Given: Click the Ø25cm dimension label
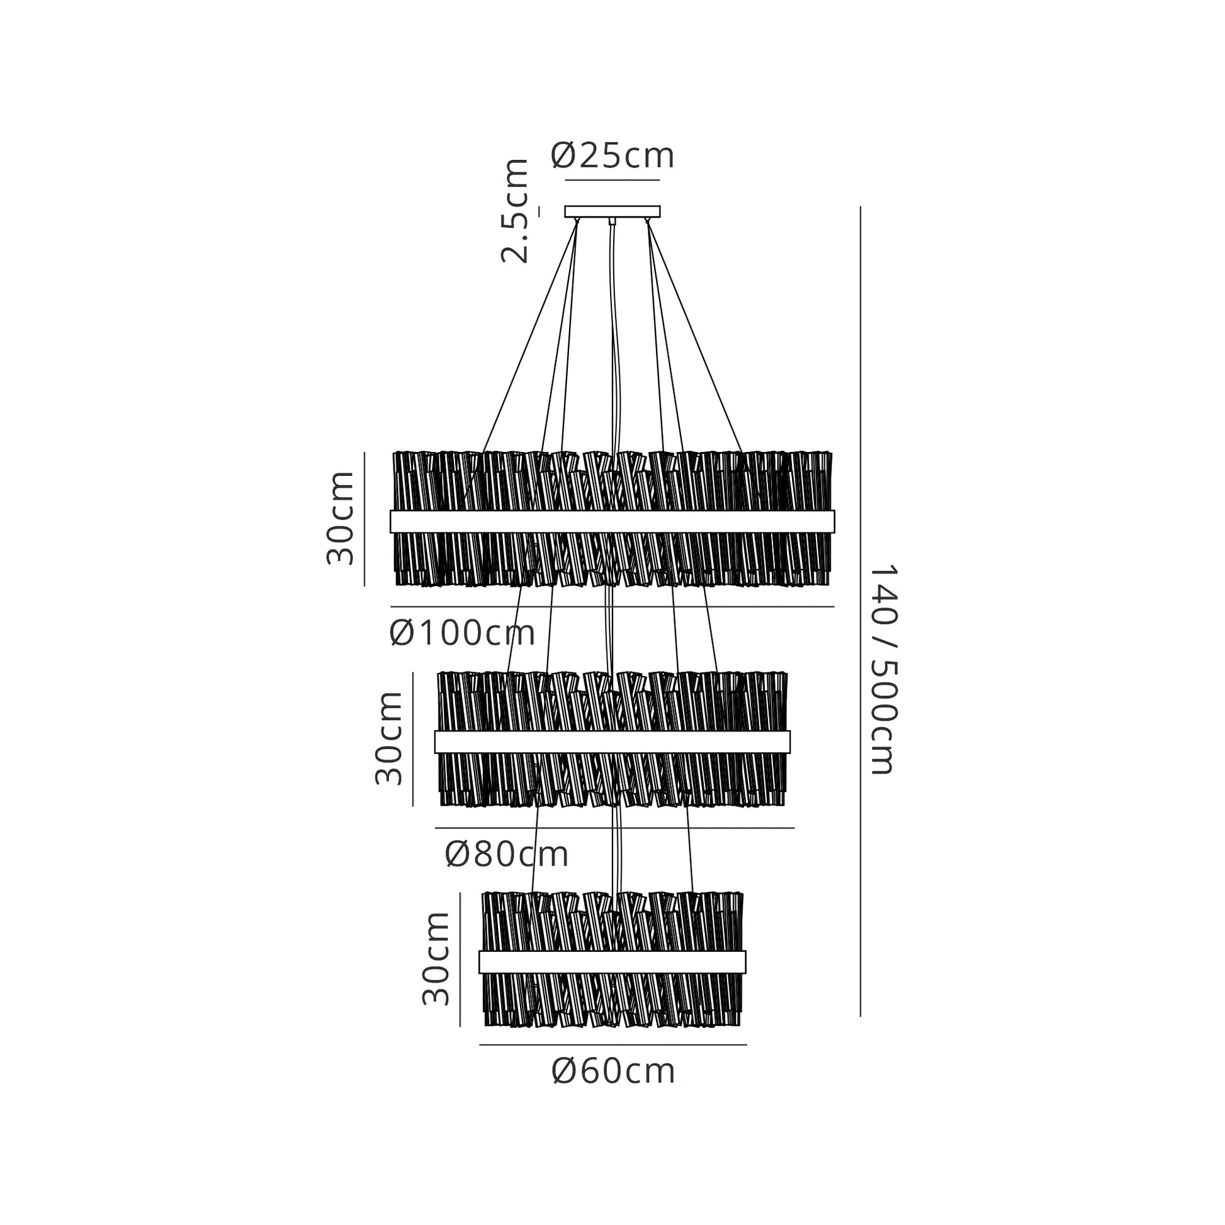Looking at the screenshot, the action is [x=612, y=155].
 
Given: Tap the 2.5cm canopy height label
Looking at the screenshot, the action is [x=514, y=210].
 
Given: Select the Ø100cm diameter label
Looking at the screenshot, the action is [x=463, y=633].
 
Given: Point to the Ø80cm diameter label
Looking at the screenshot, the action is [x=507, y=855].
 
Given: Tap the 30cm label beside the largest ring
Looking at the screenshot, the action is [x=340, y=518].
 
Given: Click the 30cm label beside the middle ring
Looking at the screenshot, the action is [x=388, y=738].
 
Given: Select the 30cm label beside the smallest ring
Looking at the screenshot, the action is [x=436, y=958].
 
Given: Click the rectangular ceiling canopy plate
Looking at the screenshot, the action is [x=612, y=212].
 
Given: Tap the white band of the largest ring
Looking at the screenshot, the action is [x=612, y=521].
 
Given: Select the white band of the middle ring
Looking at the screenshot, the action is [x=612, y=742].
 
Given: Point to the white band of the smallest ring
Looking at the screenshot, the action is [x=612, y=962].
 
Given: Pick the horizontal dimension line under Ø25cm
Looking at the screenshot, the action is [x=612, y=181].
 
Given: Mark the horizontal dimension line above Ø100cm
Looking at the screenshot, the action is [x=612, y=607].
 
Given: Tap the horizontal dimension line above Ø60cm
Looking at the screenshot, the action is [x=613, y=1044].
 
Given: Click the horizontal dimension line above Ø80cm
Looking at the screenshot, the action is [x=614, y=827].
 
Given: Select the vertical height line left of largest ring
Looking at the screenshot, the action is [x=364, y=519].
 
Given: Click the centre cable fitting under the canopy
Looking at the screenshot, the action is [x=612, y=222].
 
